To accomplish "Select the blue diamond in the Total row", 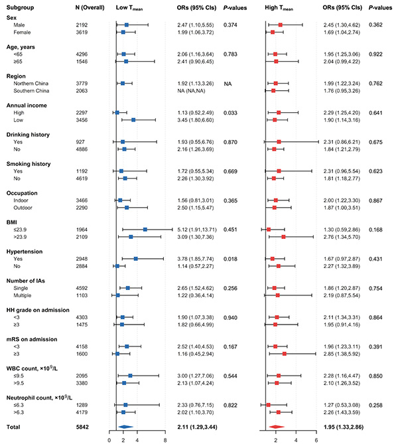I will pos(125,426).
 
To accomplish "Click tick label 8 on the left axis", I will pos(165,439).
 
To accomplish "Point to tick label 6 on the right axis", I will pos(316,439).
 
